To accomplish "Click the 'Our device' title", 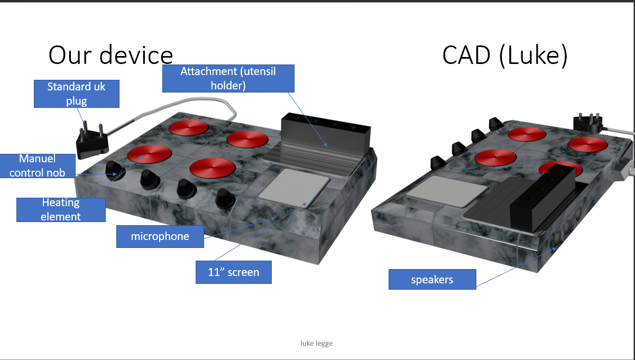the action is coord(111,54).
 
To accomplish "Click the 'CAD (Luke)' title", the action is coord(505,56).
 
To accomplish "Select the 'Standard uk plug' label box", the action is coord(77,94).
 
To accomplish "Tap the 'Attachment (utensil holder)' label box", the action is coord(228,79).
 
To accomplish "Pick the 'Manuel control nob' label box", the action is coord(38,166).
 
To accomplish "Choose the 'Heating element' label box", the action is coord(61,210).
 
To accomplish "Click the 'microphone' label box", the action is coord(160,236).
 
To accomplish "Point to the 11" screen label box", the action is coord(234,272).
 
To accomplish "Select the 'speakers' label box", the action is coord(432,280).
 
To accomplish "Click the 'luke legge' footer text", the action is coord(317,343).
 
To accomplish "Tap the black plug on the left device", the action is coord(92,140).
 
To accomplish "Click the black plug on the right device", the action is coord(588,123).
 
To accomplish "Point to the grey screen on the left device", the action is coord(295,188).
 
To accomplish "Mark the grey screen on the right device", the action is coord(447,191).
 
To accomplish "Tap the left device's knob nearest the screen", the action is coord(225,199).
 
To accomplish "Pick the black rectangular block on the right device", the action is coord(543,198).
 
